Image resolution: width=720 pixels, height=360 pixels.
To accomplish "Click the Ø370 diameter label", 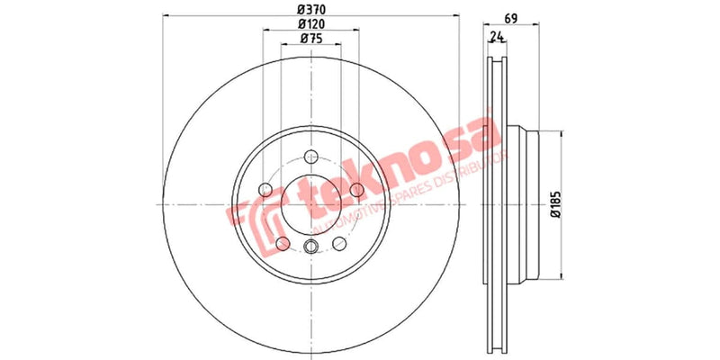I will [310, 10].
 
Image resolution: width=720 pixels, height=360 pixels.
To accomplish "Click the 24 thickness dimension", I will [495, 37].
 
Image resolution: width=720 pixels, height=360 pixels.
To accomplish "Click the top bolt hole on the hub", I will [311, 154].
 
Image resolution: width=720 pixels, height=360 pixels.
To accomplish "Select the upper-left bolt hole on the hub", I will [265, 189].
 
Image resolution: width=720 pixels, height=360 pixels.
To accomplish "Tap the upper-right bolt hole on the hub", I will [357, 189].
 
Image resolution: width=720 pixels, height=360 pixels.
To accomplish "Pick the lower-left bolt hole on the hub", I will [283, 244].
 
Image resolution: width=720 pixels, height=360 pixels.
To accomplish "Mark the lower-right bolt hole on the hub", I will [339, 244].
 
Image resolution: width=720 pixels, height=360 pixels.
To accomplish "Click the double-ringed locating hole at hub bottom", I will [311, 249].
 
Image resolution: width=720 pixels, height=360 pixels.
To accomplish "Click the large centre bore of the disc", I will [311, 205].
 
